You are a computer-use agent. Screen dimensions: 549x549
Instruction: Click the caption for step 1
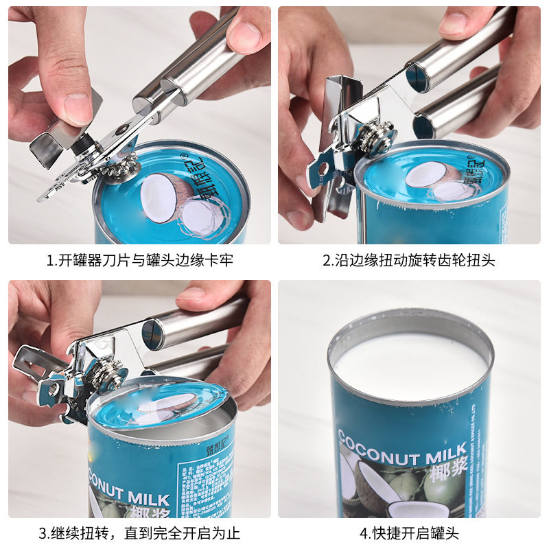(x=139, y=261)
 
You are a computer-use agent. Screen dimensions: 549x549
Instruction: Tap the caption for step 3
(x=139, y=533)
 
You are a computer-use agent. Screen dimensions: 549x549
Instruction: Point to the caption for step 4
(x=409, y=533)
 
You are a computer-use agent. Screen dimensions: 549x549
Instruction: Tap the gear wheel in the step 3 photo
(x=110, y=375)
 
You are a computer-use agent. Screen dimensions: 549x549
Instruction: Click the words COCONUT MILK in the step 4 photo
(x=401, y=447)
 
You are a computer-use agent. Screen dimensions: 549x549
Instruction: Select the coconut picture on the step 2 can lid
(x=439, y=180)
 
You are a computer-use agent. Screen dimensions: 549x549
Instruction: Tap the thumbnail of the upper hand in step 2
(x=454, y=24)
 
